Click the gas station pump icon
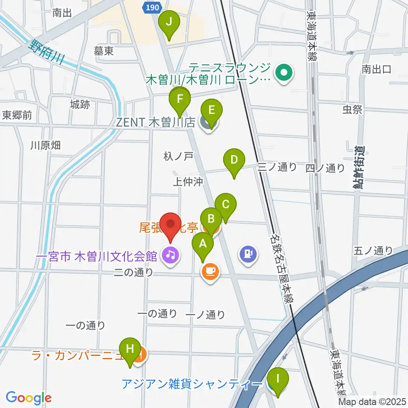click(248, 255)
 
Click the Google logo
click(28, 398)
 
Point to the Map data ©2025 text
click(372, 402)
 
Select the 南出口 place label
click(376, 69)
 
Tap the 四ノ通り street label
click(325, 168)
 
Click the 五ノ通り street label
click(373, 251)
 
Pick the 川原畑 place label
click(45, 145)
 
